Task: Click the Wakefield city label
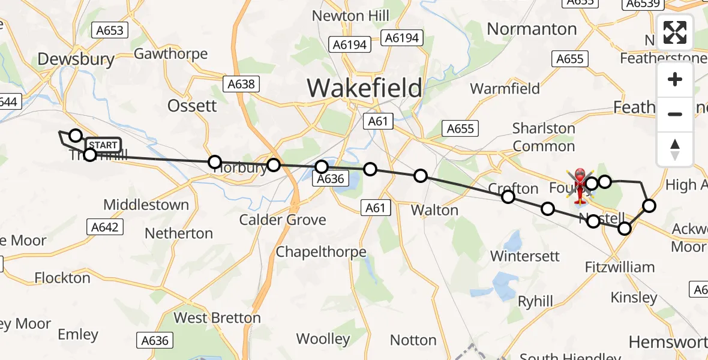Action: click(x=364, y=88)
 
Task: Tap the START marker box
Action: click(x=103, y=145)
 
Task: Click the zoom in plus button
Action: click(x=675, y=79)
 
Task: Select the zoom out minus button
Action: click(x=675, y=114)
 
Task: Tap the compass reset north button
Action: click(x=675, y=149)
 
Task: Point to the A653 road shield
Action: click(x=109, y=31)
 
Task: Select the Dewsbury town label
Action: click(x=76, y=59)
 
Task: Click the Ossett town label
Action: click(x=192, y=106)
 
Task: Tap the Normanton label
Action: click(x=532, y=29)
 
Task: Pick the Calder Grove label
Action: click(x=283, y=220)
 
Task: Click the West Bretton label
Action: click(x=217, y=317)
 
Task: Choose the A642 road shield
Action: click(x=105, y=226)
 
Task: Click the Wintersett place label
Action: click(x=524, y=256)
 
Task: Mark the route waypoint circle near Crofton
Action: click(x=508, y=197)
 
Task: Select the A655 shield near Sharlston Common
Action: click(x=460, y=128)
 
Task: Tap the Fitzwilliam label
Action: click(x=620, y=267)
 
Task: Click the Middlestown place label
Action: click(x=146, y=205)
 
